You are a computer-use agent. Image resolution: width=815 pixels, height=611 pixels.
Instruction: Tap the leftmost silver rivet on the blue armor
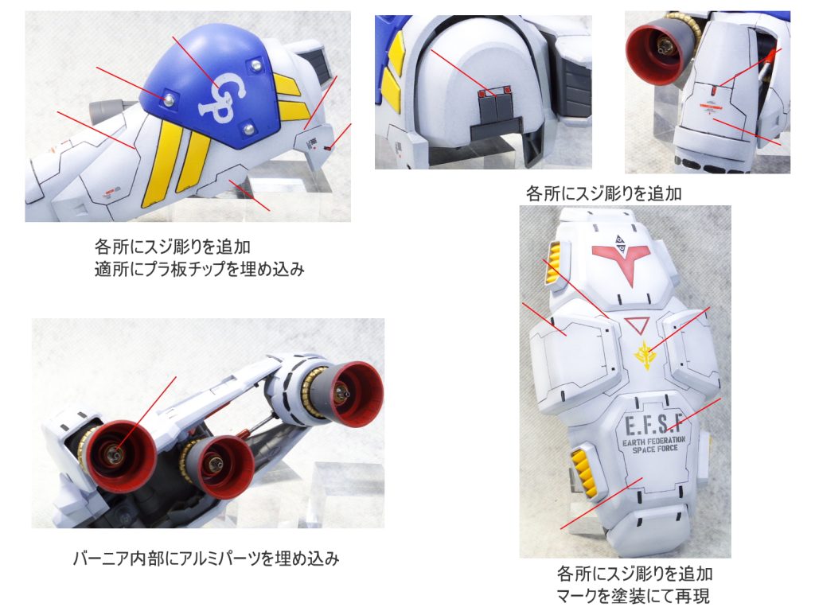pyautogui.click(x=169, y=98)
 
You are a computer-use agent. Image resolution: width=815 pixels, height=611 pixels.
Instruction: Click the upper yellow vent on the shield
pyautogui.click(x=554, y=270)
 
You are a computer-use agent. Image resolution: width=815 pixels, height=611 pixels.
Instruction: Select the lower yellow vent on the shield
pyautogui.click(x=583, y=469)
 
